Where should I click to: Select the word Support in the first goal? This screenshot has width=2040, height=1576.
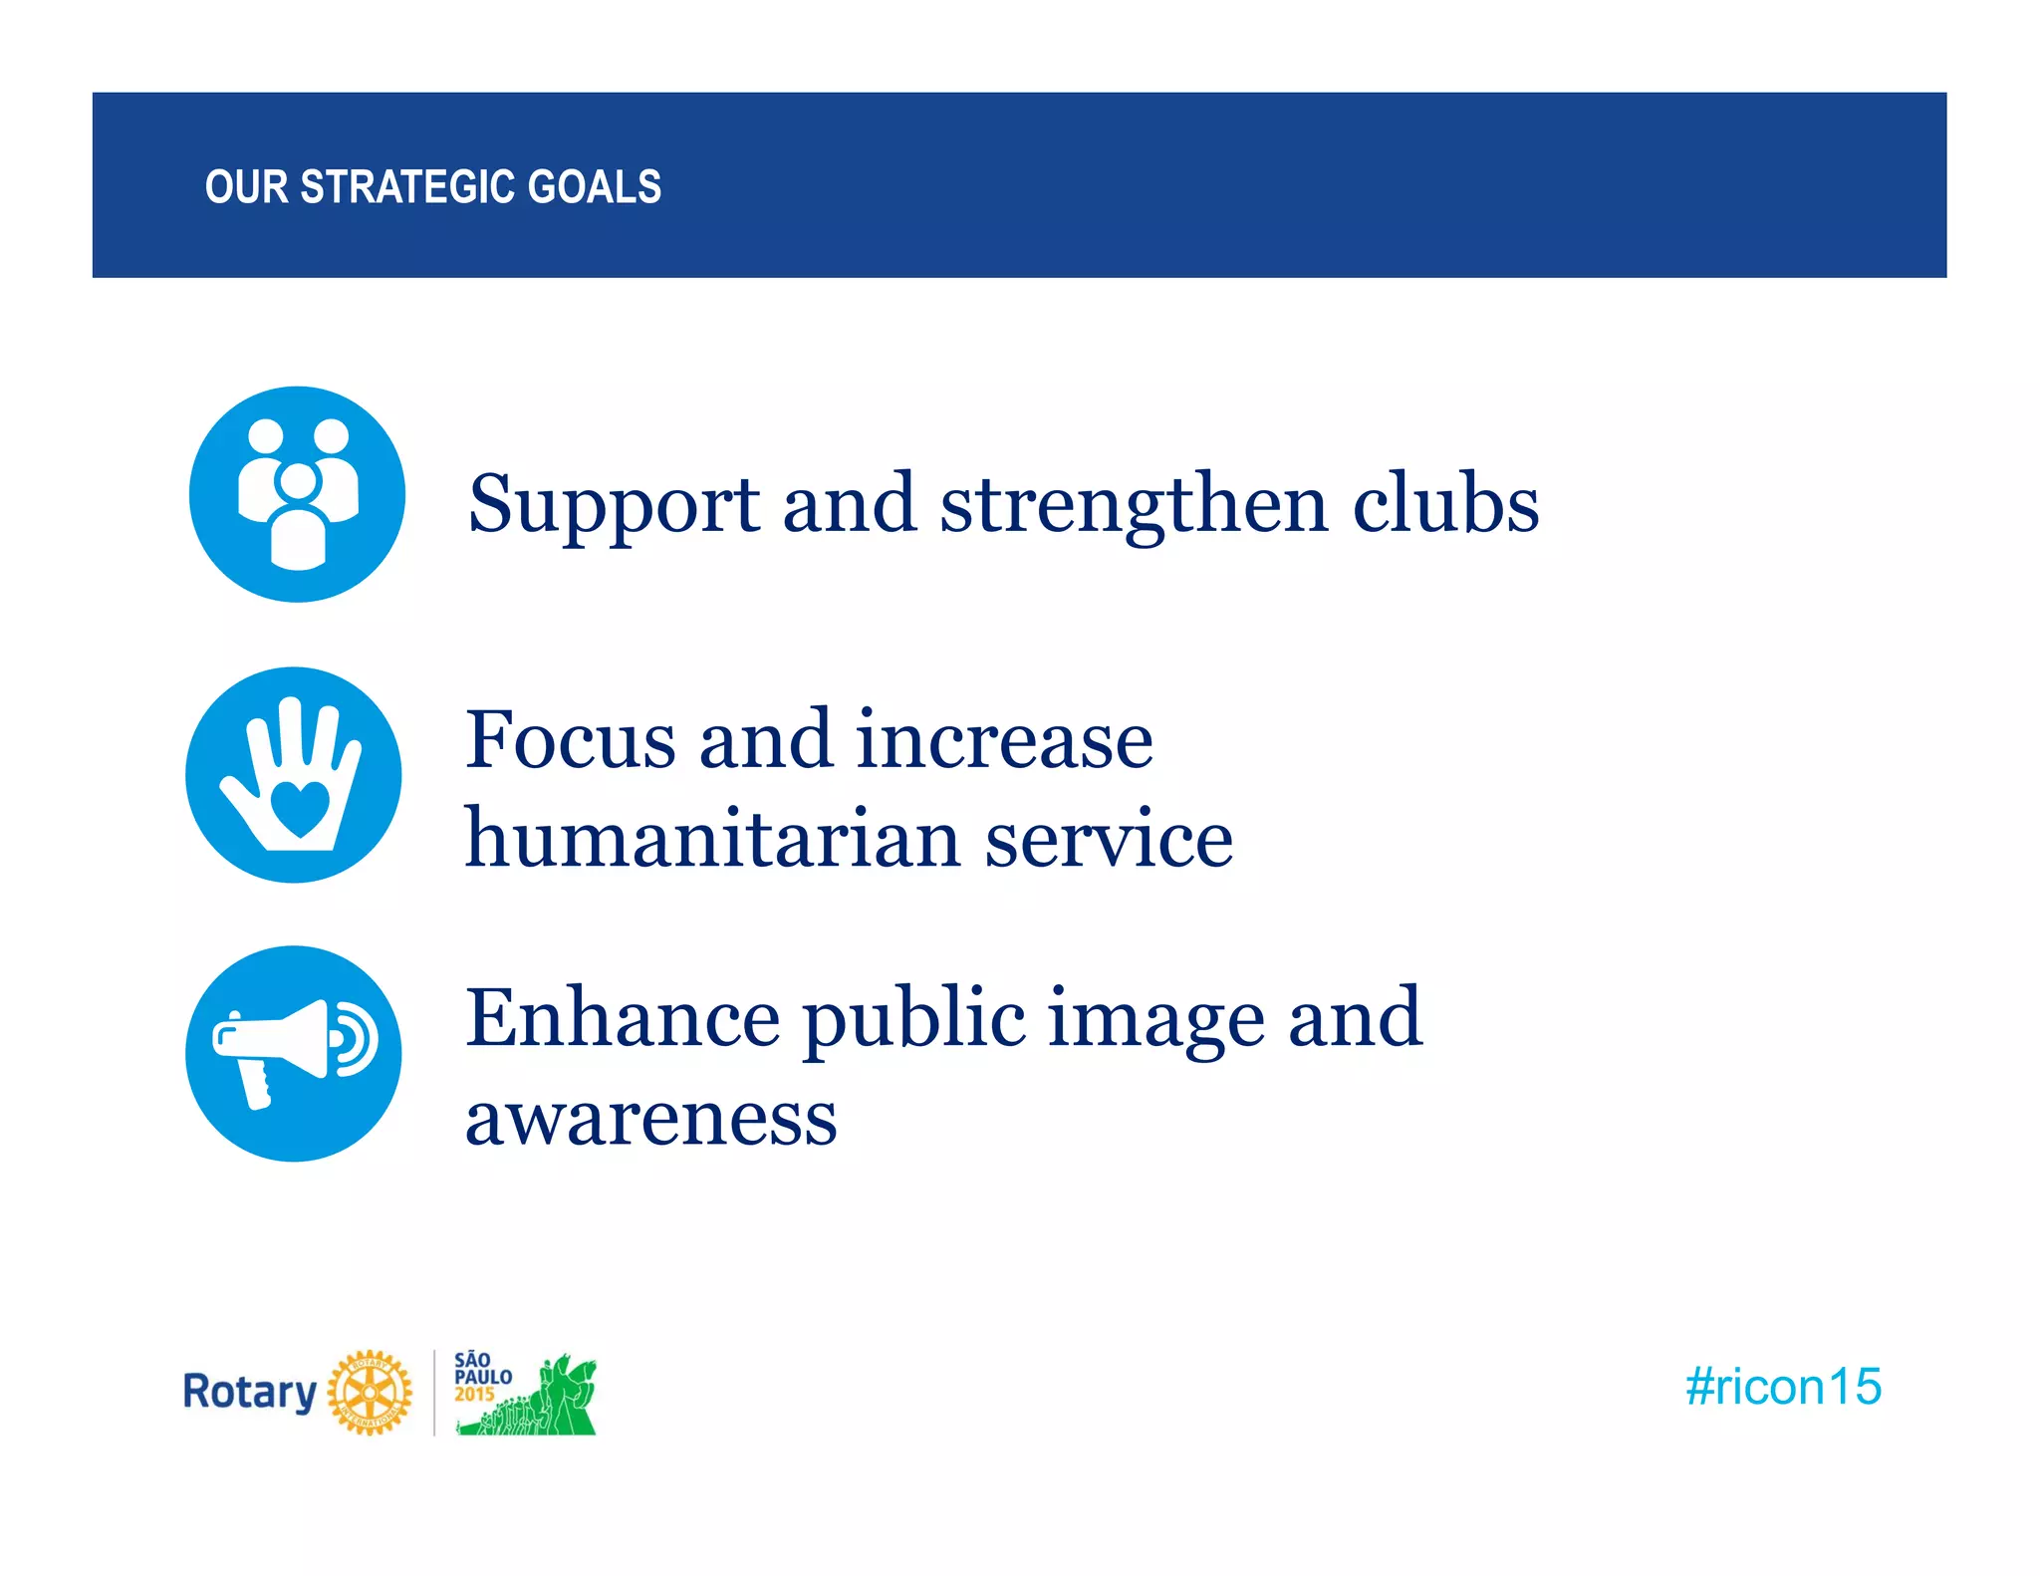click(x=613, y=503)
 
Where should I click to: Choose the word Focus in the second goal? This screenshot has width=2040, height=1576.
click(x=571, y=740)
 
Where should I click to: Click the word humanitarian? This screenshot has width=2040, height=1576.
click(x=712, y=839)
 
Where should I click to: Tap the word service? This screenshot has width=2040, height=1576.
click(x=1109, y=839)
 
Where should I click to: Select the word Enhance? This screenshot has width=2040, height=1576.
click(x=623, y=1018)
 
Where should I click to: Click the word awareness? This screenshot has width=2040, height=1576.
click(x=650, y=1118)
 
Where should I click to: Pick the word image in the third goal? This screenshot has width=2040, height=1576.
click(x=1155, y=1018)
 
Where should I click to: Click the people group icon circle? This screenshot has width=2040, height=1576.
click(x=297, y=494)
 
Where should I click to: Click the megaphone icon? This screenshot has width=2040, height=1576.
click(x=293, y=1053)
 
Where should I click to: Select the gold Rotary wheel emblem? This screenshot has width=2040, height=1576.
click(x=370, y=1393)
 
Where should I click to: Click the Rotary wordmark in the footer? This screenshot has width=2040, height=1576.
click(x=249, y=1392)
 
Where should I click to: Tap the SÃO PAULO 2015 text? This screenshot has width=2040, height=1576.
click(x=482, y=1377)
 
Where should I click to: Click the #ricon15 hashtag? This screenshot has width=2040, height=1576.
click(x=1782, y=1387)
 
